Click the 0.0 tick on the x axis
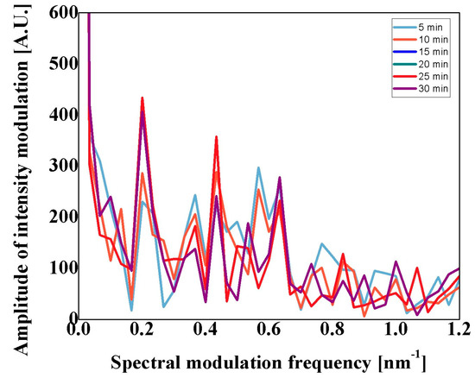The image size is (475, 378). pyautogui.click(x=79, y=331)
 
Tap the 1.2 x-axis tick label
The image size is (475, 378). pyautogui.click(x=459, y=331)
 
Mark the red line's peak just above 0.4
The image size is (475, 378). pyautogui.click(x=216, y=136)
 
